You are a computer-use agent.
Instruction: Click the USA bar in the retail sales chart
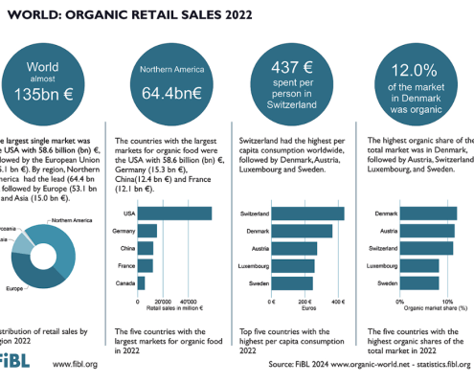click(174, 213)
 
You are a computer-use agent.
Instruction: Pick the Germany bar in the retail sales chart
click(147, 231)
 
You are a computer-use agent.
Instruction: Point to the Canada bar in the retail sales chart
click(142, 282)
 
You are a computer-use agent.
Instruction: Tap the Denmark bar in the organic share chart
click(429, 213)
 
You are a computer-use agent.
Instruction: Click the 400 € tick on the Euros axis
click(336, 301)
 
